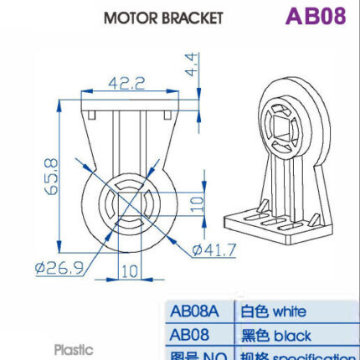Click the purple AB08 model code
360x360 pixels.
(315, 17)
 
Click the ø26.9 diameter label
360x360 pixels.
(58, 268)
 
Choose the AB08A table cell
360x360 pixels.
(194, 311)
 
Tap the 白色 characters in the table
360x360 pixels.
(251, 311)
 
